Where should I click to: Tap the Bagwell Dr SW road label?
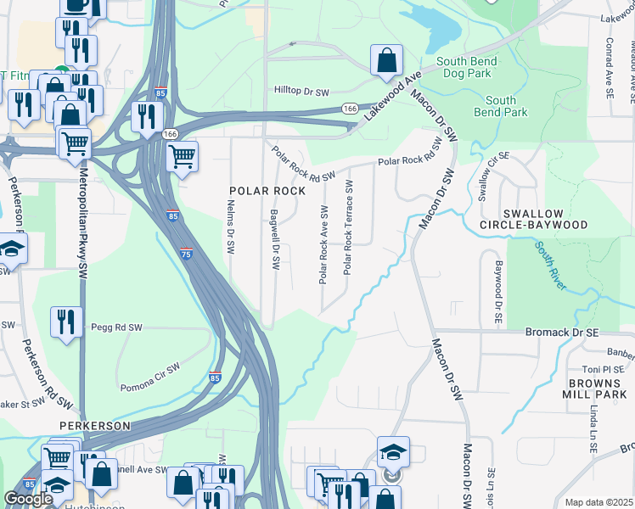[x=274, y=240]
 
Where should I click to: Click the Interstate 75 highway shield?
[x=186, y=253]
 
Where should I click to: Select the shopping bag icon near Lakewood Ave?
[x=386, y=61]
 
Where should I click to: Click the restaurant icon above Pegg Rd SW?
[x=65, y=322]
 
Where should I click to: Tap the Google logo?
[x=28, y=499]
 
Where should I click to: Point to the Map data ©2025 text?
[x=598, y=502]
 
